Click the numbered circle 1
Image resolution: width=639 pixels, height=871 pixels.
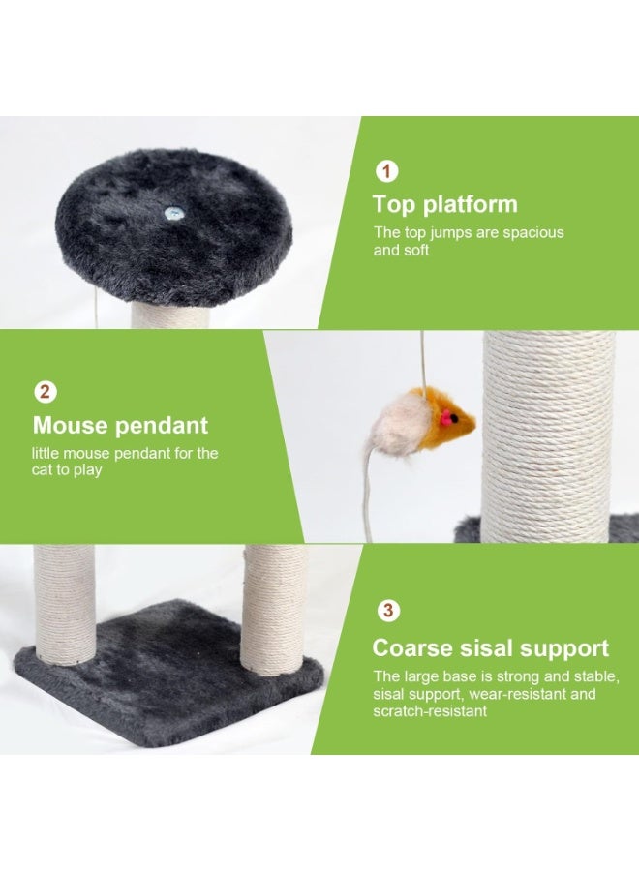coord(386,172)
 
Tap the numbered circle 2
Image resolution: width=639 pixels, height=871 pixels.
coord(46,392)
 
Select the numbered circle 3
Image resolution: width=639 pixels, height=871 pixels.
coord(388,611)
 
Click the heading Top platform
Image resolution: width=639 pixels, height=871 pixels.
coord(444,205)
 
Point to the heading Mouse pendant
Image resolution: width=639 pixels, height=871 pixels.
coord(120,426)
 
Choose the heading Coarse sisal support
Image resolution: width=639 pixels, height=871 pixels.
coord(490,648)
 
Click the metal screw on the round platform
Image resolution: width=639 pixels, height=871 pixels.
coord(174,213)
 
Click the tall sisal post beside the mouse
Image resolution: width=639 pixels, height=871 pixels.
coord(548,435)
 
